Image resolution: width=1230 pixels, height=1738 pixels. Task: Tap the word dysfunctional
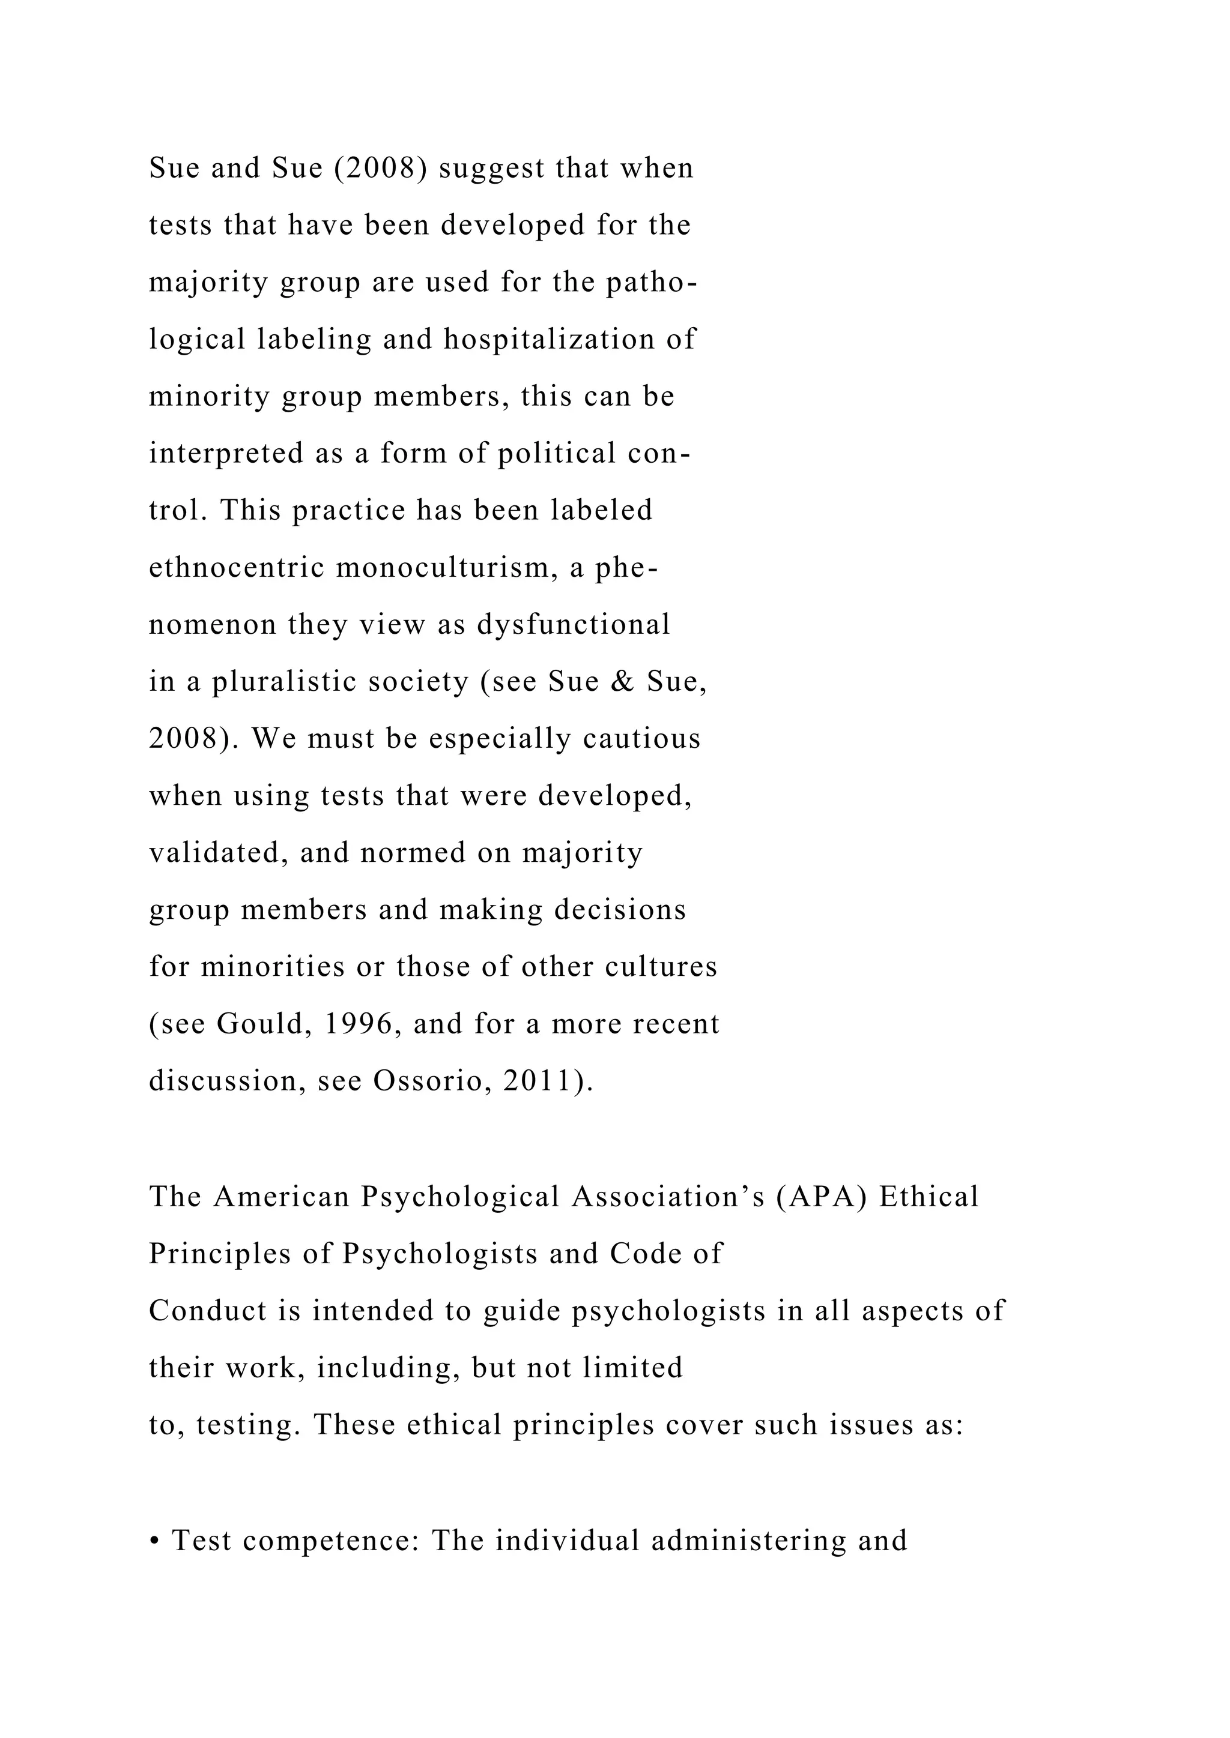point(574,625)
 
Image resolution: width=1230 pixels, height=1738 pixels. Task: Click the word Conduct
point(208,1311)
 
